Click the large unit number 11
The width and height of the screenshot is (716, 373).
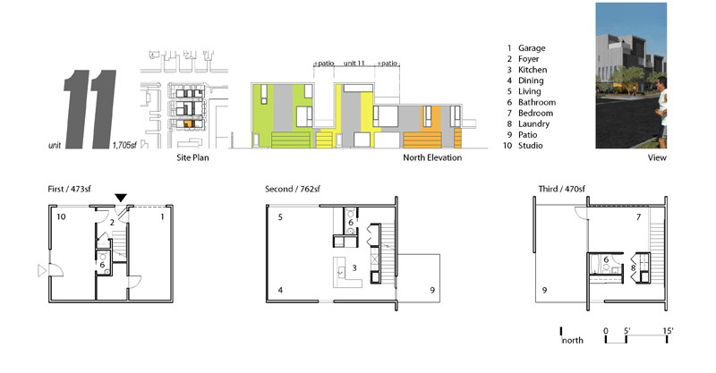pyautogui.click(x=89, y=109)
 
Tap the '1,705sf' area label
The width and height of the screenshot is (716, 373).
pyautogui.click(x=124, y=145)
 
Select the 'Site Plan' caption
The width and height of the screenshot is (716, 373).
pyautogui.click(x=192, y=157)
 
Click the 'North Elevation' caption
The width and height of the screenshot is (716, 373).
pyautogui.click(x=432, y=157)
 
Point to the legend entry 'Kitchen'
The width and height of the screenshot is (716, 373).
pyautogui.click(x=533, y=70)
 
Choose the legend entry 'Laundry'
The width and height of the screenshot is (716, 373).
pyautogui.click(x=533, y=123)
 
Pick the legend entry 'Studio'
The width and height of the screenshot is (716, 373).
pyautogui.click(x=530, y=146)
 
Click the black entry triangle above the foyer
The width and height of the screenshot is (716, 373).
pyautogui.click(x=121, y=198)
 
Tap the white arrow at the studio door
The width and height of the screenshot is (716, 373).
pyautogui.click(x=42, y=271)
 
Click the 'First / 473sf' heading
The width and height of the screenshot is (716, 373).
pyautogui.click(x=70, y=189)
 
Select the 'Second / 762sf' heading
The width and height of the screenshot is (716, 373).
pyautogui.click(x=293, y=189)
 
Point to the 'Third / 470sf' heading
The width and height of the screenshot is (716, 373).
pyautogui.click(x=561, y=189)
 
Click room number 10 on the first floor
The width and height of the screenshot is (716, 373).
pyautogui.click(x=61, y=216)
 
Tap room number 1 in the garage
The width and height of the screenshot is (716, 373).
pyautogui.click(x=162, y=216)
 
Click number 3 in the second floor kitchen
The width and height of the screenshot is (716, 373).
pyautogui.click(x=354, y=268)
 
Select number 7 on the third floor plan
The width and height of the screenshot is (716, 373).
pyautogui.click(x=639, y=216)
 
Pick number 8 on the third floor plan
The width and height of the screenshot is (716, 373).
pyautogui.click(x=633, y=267)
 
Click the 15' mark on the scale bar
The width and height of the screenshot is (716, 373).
pyautogui.click(x=668, y=331)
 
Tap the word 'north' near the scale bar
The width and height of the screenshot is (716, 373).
pyautogui.click(x=573, y=340)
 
